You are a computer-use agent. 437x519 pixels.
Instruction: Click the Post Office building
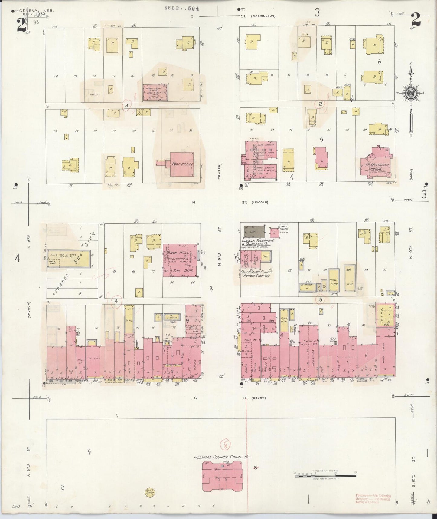pyautogui.click(x=181, y=164)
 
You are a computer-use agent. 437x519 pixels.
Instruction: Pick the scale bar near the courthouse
pyautogui.click(x=325, y=476)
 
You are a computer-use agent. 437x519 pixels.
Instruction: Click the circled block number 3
pyautogui.click(x=127, y=105)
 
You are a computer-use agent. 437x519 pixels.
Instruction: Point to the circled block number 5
pyautogui.click(x=321, y=299)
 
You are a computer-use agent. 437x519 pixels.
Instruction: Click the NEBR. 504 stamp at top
pyautogui.click(x=182, y=8)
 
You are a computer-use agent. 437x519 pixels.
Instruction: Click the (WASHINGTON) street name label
pyautogui.click(x=263, y=16)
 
